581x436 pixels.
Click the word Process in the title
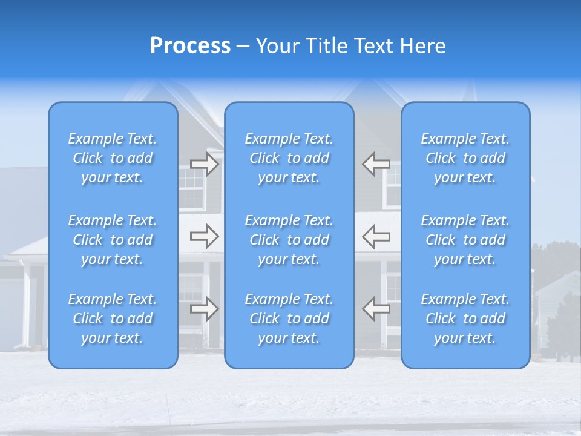click(190, 46)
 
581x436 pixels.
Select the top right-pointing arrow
click(205, 164)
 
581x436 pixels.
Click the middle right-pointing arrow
click(205, 236)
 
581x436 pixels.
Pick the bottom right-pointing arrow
click(205, 309)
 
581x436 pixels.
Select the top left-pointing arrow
click(376, 164)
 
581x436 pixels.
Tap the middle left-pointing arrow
click(376, 236)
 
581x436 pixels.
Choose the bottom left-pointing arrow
click(376, 309)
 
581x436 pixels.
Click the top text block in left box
click(113, 158)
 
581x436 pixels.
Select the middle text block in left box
click(113, 240)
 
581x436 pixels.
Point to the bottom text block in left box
click(113, 319)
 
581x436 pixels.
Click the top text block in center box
click(289, 158)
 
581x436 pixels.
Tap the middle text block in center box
click(289, 240)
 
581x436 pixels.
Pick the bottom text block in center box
click(289, 319)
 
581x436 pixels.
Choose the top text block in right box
click(465, 158)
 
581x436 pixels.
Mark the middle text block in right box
click(465, 240)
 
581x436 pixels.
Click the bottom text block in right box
click(465, 319)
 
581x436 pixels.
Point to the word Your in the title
click(277, 46)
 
